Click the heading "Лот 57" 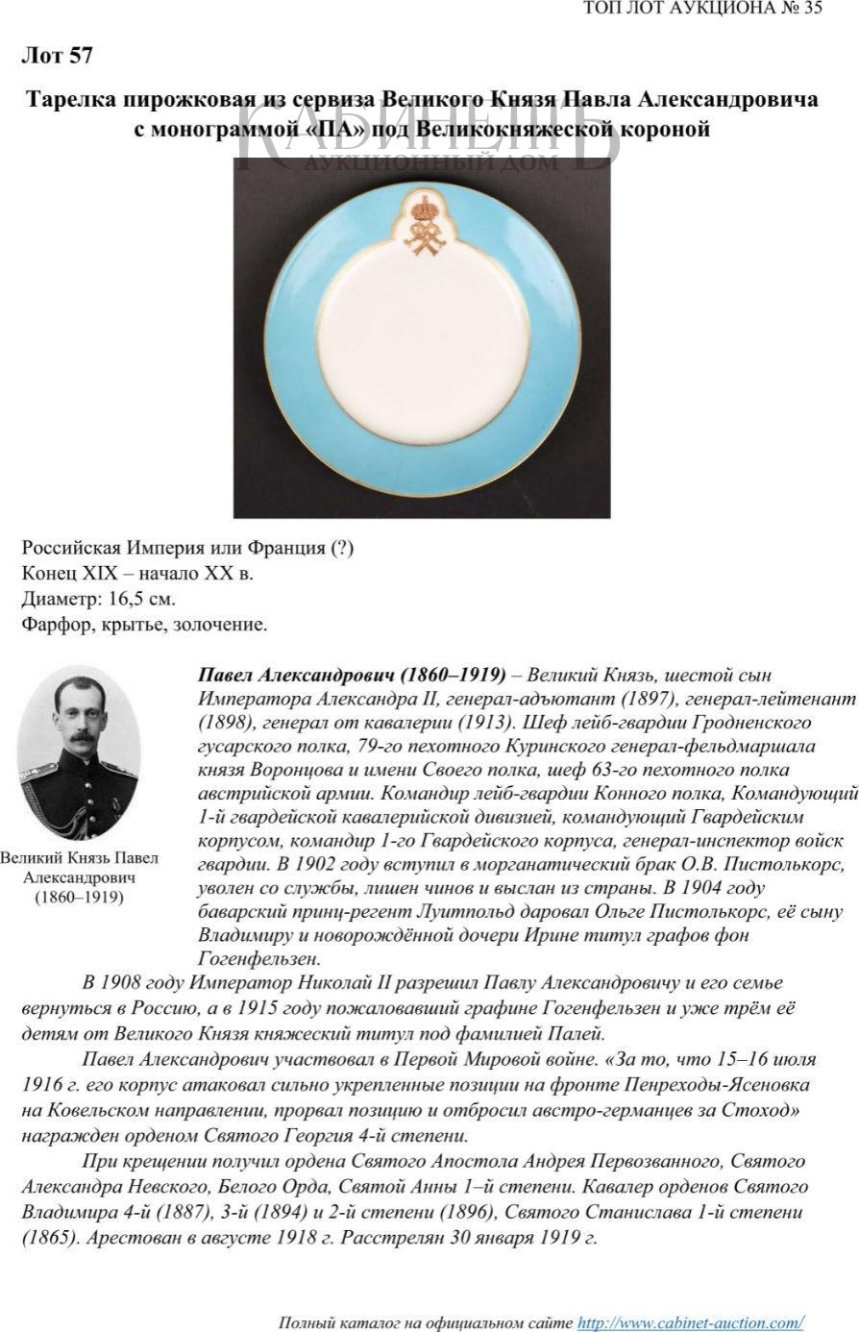click(57, 57)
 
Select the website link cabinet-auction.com click(689, 1323)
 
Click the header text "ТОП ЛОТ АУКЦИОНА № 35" click(702, 10)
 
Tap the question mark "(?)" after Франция click(342, 548)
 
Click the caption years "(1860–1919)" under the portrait click(79, 898)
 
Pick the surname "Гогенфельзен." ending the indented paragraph click(258, 958)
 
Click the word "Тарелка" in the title click(73, 100)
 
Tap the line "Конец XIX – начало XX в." click(137, 574)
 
